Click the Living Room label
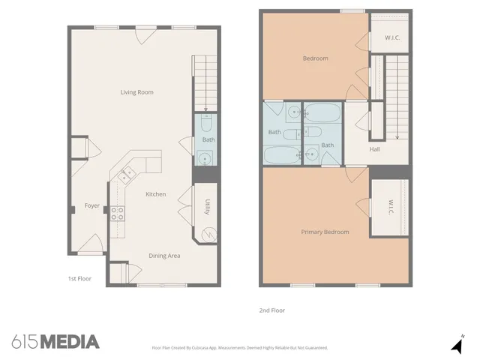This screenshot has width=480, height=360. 136,92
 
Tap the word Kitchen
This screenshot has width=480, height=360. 155,194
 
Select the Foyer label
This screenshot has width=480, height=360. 91,205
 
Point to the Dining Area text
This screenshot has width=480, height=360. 163,256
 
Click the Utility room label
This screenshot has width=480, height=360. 207,208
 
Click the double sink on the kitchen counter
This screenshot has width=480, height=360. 125,174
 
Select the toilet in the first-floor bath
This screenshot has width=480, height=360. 207,123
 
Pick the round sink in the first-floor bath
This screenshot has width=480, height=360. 204,158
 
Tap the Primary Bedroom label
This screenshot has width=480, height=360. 325,232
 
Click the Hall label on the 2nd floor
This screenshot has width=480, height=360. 375,148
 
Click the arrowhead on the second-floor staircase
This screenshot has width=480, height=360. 396,136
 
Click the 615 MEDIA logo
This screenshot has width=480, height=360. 55,342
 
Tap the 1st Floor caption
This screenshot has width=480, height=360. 79,278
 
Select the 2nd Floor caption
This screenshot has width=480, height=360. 272,310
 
